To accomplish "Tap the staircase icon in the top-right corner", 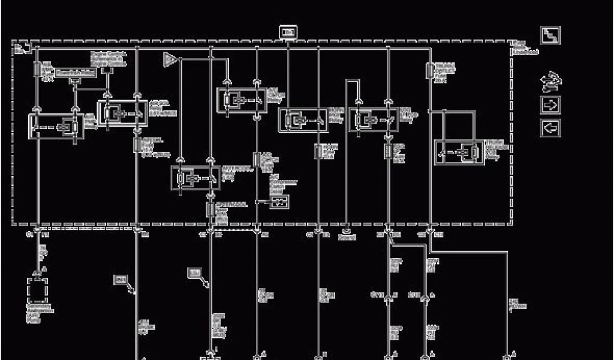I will point(550,35).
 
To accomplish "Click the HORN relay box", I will point(303,120).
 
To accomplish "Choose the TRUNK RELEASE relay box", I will point(459,152).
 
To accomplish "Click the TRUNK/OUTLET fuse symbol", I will point(430,71).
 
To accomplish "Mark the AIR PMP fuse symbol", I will point(37,69).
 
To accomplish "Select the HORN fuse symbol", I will point(318,151).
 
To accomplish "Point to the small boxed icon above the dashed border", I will point(288,32).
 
